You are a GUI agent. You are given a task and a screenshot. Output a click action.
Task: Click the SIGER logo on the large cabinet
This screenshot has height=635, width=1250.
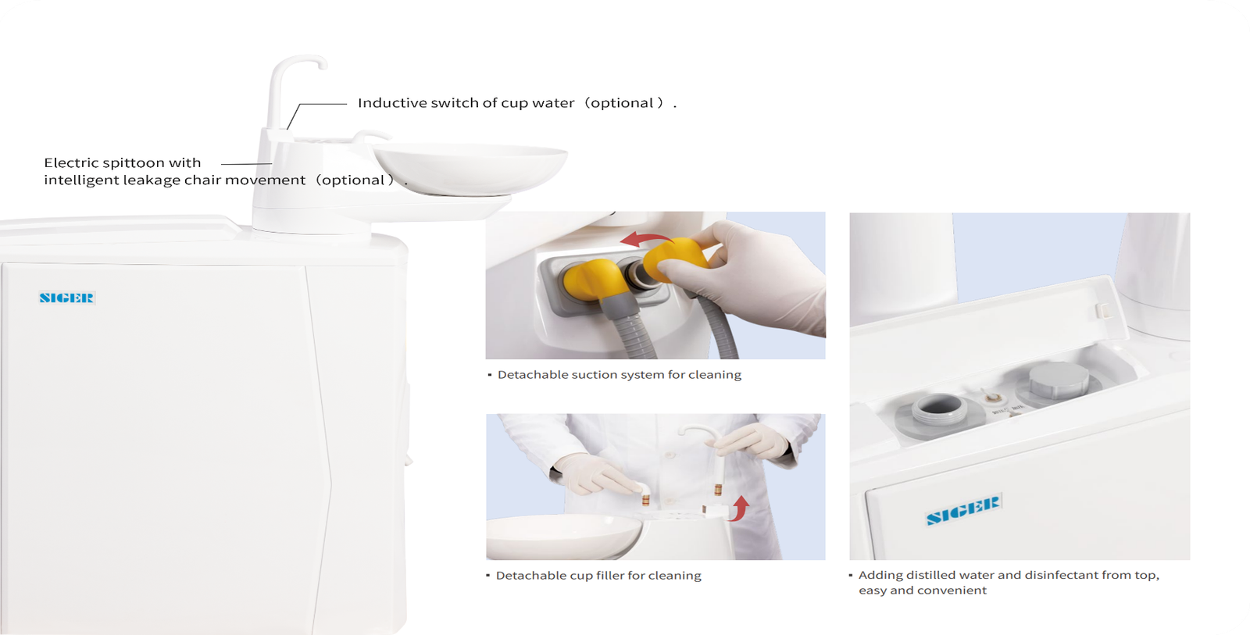(x=67, y=298)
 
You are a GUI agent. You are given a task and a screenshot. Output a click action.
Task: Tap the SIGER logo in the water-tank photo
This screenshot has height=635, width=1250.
(x=964, y=509)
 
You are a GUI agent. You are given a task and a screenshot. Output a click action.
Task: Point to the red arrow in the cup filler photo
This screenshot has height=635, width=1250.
(x=739, y=508)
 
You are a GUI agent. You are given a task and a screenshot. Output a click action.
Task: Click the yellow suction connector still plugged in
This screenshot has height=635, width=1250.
(x=592, y=280)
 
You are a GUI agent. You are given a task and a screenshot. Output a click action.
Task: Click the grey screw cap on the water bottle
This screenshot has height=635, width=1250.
(x=1059, y=380)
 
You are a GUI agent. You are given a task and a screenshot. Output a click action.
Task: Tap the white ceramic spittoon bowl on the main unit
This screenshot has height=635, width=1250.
(x=470, y=167)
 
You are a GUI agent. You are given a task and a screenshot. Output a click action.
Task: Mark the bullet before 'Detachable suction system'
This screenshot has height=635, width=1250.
(x=490, y=374)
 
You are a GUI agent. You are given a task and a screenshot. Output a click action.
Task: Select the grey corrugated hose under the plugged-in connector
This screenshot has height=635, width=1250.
(x=635, y=330)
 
